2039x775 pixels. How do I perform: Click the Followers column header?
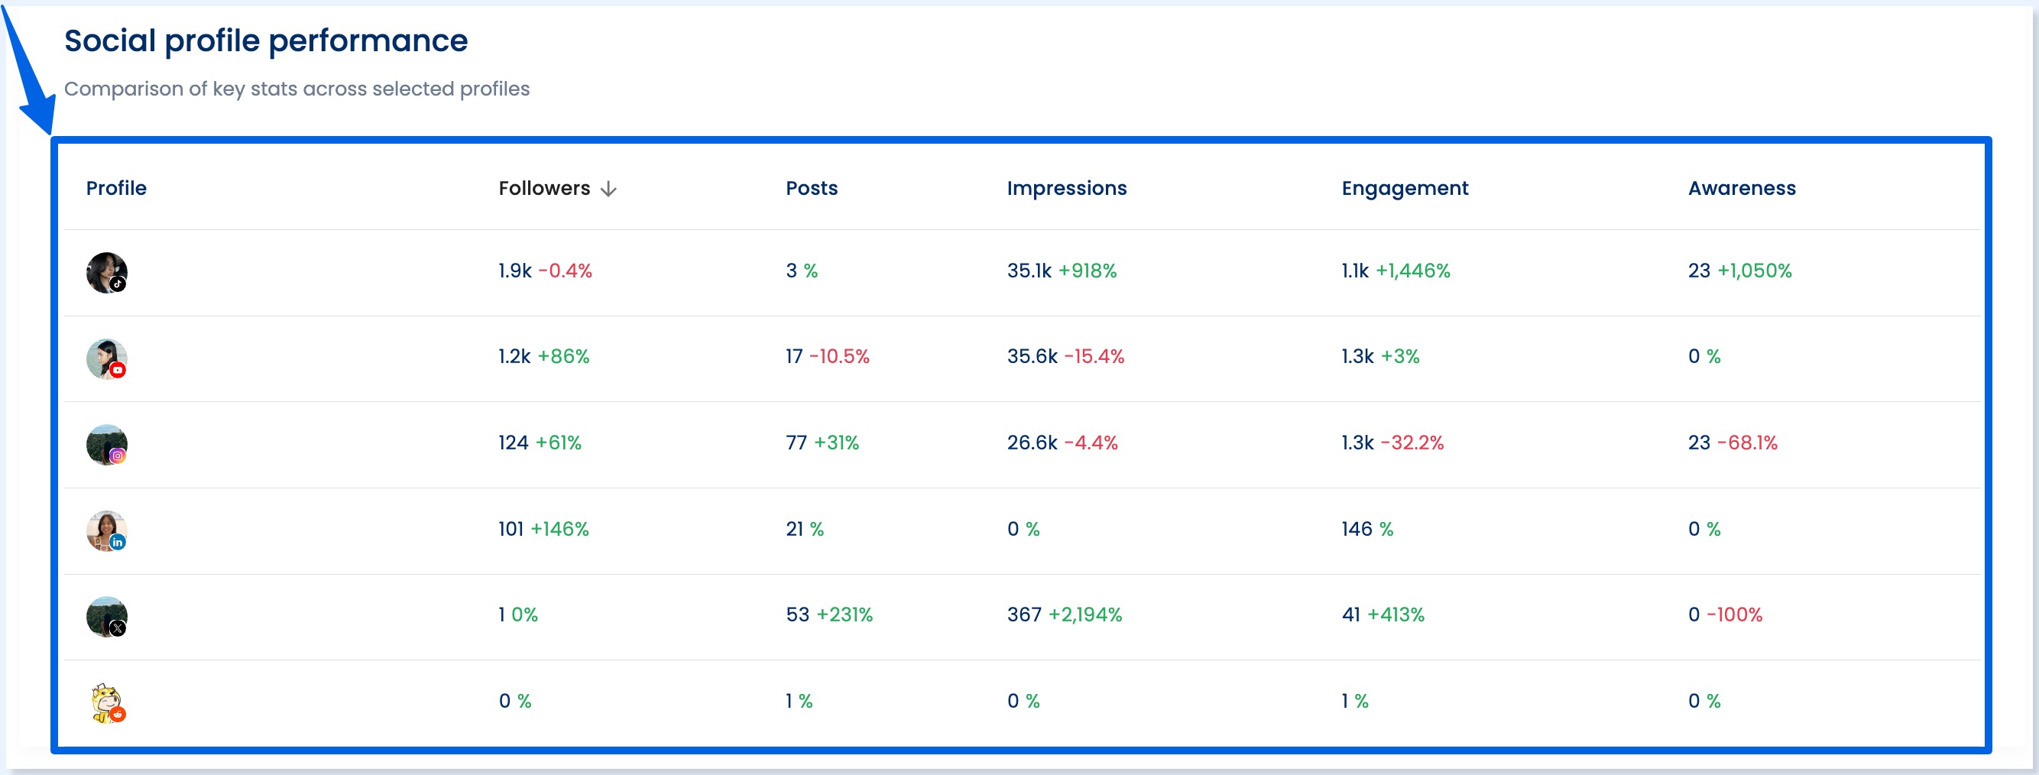tap(544, 189)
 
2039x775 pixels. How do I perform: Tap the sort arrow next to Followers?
tap(608, 190)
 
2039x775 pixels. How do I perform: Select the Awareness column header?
tap(1742, 189)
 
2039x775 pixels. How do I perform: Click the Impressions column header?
tap(1066, 189)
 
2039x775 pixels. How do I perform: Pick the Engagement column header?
tap(1404, 189)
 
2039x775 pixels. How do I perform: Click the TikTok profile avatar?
tap(106, 272)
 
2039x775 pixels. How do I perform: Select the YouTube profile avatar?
tap(106, 358)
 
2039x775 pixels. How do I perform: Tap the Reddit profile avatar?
tap(106, 703)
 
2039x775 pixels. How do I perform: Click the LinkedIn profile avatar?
tap(106, 530)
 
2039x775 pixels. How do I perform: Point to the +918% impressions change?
tap(1087, 271)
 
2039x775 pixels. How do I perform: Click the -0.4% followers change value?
tap(566, 271)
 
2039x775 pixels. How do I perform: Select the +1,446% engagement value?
tap(1412, 271)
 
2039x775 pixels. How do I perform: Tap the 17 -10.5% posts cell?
tap(827, 357)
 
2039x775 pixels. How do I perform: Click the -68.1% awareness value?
tap(1747, 443)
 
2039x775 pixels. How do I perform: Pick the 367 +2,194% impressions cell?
tap(1064, 615)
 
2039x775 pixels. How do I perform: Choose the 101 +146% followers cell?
tap(543, 529)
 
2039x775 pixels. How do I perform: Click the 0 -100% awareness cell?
tap(1725, 615)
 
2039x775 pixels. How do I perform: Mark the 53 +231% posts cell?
tap(828, 615)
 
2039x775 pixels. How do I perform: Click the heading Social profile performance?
tap(266, 41)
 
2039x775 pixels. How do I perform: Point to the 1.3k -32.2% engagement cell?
tap(1392, 443)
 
